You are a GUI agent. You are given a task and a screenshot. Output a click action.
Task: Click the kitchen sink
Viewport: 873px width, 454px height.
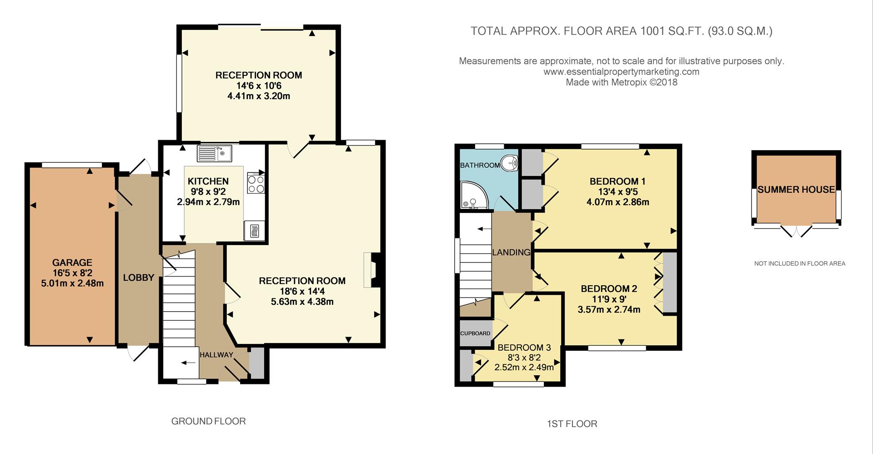coord(214,153)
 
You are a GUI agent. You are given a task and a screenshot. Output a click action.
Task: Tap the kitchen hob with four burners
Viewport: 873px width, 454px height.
coord(256,183)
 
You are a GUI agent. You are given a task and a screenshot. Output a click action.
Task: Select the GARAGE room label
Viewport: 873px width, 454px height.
coord(72,262)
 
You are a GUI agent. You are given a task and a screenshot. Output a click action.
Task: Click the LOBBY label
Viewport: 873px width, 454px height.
coord(139,277)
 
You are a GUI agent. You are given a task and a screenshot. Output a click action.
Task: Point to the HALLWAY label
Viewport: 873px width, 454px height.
coord(216,355)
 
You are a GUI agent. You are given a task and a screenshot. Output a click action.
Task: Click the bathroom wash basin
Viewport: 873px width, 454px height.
coord(511,162)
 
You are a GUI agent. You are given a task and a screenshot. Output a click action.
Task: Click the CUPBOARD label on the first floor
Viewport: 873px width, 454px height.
coord(475,333)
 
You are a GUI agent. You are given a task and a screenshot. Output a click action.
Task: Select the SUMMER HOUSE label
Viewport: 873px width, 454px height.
coord(796,190)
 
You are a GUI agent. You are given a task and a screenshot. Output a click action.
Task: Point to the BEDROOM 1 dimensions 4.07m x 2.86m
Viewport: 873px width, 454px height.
coord(617,202)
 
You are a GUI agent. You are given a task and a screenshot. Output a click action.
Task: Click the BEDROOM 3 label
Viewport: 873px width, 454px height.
coord(524,348)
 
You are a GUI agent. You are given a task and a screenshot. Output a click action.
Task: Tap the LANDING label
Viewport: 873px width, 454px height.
coord(512,252)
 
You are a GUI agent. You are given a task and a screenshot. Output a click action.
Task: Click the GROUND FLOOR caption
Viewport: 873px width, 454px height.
coord(208,421)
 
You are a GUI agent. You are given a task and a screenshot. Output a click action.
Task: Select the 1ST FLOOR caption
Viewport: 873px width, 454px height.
coord(572,424)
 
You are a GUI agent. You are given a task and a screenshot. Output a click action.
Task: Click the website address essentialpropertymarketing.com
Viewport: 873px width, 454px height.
coord(621,72)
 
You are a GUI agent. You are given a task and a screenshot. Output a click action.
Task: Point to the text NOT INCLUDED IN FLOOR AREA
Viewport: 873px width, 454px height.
coord(799,263)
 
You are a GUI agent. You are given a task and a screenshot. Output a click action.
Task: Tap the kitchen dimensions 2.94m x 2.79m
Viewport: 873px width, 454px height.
coord(208,202)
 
